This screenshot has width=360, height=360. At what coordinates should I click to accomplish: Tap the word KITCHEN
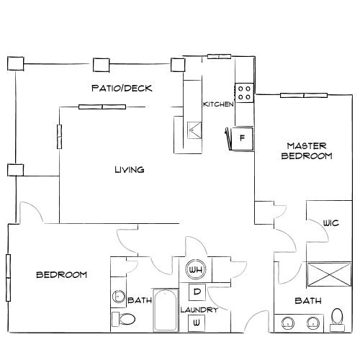tap(218, 104)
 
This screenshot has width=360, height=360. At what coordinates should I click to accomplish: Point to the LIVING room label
tap(130, 170)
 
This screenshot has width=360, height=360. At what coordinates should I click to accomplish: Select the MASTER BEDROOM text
tap(306, 150)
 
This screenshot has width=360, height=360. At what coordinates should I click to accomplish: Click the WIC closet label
tap(330, 222)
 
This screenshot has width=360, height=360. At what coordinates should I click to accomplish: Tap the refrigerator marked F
tap(243, 137)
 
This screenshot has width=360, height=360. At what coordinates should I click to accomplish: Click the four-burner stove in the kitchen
tap(244, 91)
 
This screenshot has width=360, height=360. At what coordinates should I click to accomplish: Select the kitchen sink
tap(194, 130)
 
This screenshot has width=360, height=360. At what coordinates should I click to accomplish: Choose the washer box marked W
tap(195, 324)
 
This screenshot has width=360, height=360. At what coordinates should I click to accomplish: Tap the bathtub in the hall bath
tap(166, 311)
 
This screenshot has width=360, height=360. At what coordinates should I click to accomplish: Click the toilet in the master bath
tap(336, 318)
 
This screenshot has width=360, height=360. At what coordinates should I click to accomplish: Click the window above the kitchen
tap(218, 56)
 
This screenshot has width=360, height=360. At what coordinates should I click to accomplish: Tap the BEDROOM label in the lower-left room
tap(62, 275)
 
